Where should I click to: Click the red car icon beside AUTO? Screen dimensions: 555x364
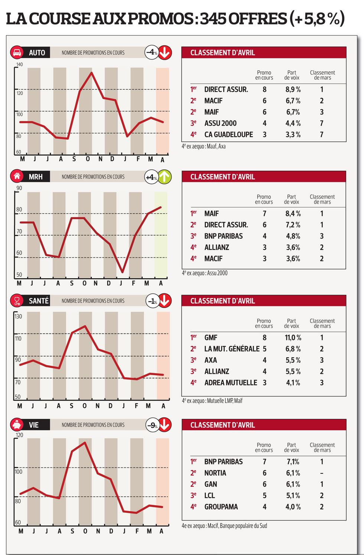(x=17, y=52)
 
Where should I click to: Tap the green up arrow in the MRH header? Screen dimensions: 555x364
(x=165, y=177)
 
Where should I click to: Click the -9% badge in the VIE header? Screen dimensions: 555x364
(x=152, y=425)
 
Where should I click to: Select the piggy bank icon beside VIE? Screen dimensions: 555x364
(x=17, y=424)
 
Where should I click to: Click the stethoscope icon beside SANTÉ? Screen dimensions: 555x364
(x=17, y=301)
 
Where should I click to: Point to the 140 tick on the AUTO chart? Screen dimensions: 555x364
(x=19, y=65)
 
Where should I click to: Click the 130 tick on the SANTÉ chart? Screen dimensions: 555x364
(x=18, y=316)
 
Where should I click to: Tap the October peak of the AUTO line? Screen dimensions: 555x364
(x=91, y=72)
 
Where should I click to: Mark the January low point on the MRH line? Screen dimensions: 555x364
(x=122, y=272)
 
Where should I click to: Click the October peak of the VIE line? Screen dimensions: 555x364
(x=85, y=442)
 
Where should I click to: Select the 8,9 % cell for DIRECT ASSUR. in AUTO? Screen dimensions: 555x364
(x=293, y=89)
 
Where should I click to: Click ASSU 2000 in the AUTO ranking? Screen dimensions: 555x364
(x=220, y=123)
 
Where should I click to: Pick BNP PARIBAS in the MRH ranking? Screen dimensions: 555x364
(x=223, y=236)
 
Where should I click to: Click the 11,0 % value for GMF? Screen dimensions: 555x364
(x=293, y=338)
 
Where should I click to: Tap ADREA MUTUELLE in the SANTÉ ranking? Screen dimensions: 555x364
(x=231, y=382)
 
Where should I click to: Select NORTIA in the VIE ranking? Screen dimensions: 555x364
(x=215, y=473)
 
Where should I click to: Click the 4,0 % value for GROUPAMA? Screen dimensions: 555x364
(x=293, y=507)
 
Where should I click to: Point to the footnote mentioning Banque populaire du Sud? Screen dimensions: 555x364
(x=224, y=526)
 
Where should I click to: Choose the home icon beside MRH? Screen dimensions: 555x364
(x=17, y=176)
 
